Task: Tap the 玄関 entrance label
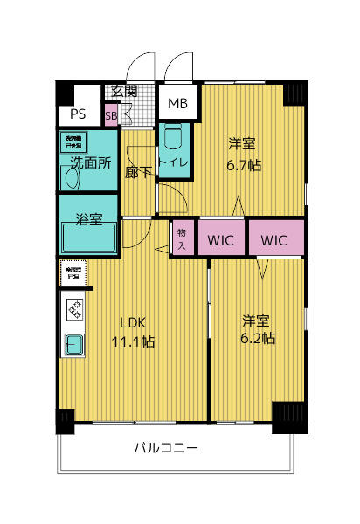click(x=123, y=91)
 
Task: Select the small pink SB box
click(x=111, y=115)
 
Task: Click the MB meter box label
click(x=177, y=104)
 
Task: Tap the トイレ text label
click(x=174, y=162)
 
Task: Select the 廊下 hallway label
click(x=137, y=172)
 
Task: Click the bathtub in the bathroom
click(x=88, y=238)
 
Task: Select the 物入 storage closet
click(x=182, y=238)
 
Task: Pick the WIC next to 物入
click(x=220, y=238)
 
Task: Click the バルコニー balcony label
click(x=165, y=449)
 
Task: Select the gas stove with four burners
click(x=74, y=308)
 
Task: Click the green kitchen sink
click(x=73, y=345)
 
